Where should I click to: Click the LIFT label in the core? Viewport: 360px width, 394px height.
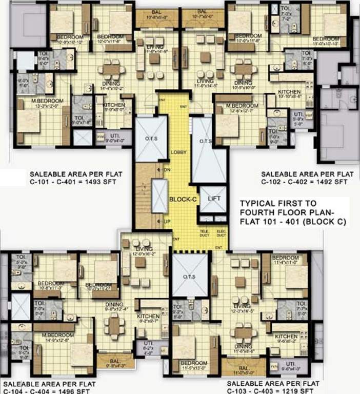pyautogui.click(x=210, y=199)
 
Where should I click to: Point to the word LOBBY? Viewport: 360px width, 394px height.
pyautogui.click(x=179, y=153)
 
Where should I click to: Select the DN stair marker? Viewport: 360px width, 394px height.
pyautogui.click(x=166, y=170)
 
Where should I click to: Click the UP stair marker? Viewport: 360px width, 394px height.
pyautogui.click(x=167, y=221)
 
